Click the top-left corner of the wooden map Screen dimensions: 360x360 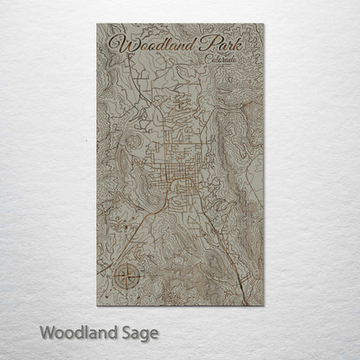pos(98,24)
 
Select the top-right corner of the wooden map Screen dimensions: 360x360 pos(262,24)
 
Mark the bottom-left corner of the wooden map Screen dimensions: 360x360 pos(98,305)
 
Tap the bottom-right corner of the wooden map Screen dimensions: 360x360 pos(262,305)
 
